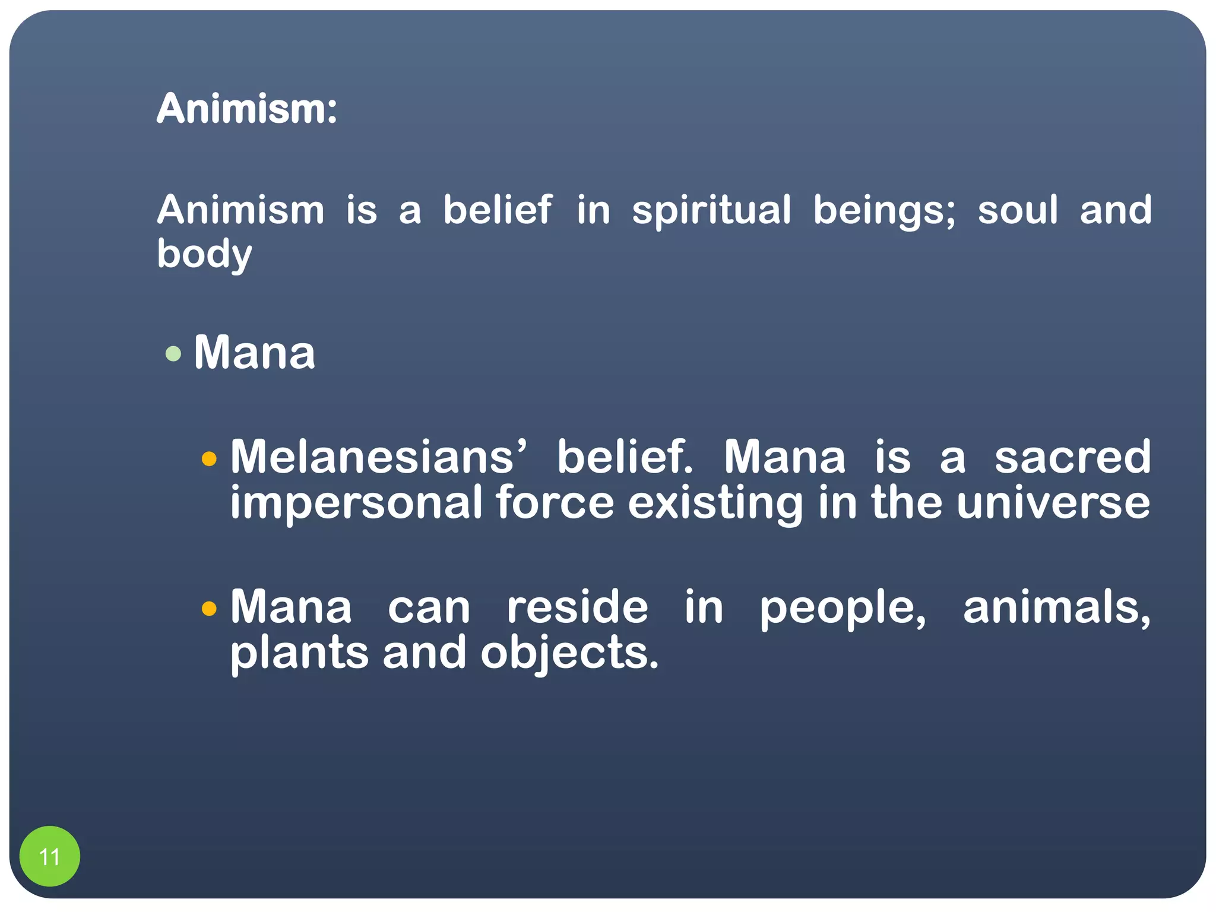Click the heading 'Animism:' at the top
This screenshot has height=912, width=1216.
click(247, 109)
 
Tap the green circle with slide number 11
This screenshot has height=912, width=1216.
click(49, 856)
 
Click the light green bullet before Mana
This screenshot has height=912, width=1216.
click(173, 354)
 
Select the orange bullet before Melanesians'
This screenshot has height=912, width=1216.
click(209, 459)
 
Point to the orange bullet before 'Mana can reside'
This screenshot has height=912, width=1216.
click(209, 609)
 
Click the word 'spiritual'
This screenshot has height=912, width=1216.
click(711, 211)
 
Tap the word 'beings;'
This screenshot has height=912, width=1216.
click(884, 211)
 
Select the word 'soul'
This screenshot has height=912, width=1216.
click(1018, 210)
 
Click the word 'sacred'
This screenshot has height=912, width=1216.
click(1072, 457)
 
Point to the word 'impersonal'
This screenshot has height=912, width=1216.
click(356, 503)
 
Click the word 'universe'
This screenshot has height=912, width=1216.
click(1053, 503)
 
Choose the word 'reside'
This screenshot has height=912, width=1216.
click(577, 607)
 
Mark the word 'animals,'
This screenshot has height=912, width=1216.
click(1057, 608)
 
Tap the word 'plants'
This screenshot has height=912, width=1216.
click(299, 653)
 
